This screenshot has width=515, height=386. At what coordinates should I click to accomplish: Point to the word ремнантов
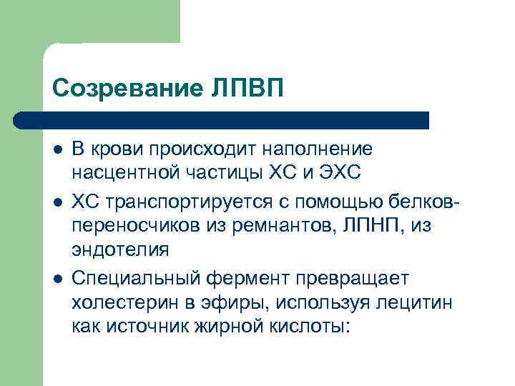[265, 227]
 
